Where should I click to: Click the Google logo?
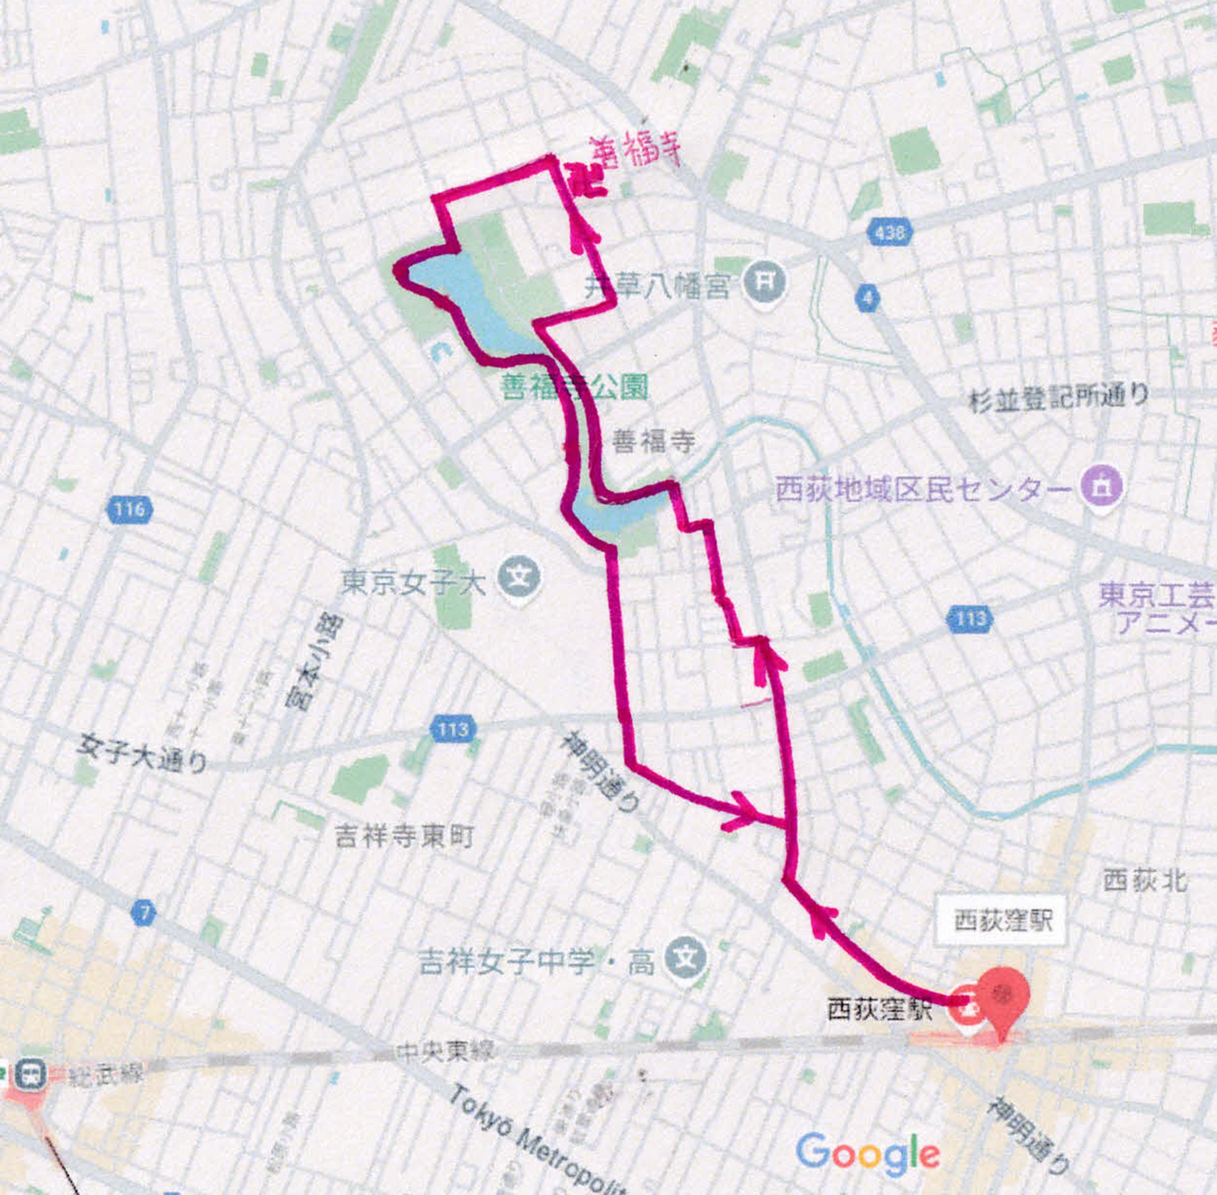coord(867,1151)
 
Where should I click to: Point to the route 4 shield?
coord(868,297)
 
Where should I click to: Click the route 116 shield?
coord(129,509)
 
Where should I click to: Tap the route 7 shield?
coord(143,913)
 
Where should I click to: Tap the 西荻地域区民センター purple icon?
coord(1101,486)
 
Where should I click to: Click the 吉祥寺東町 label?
coord(404,836)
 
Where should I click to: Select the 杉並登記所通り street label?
coord(1058,398)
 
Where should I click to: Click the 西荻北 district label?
coord(1144,880)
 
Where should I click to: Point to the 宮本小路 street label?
coord(313,662)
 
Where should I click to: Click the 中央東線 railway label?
coord(444,1050)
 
